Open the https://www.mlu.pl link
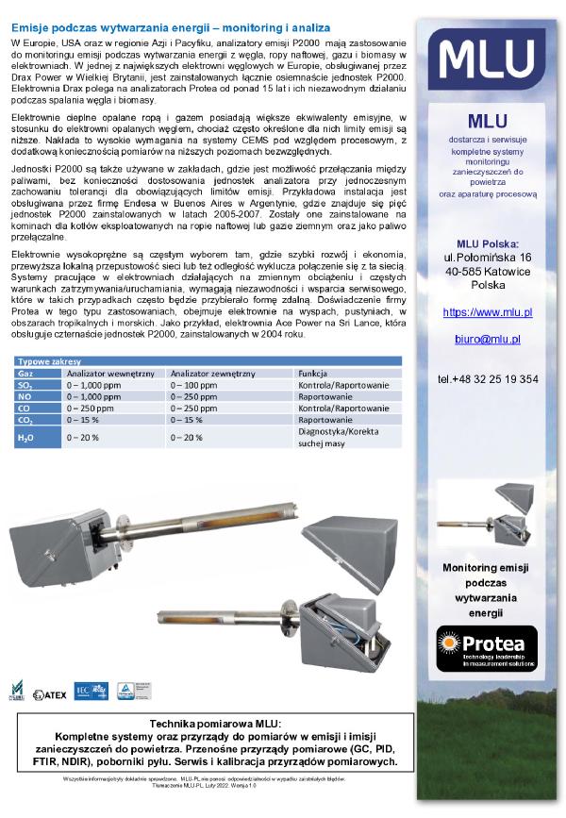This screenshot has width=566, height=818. (x=488, y=310)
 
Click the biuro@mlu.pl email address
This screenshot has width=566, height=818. (x=488, y=338)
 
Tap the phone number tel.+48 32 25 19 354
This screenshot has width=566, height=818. (x=488, y=378)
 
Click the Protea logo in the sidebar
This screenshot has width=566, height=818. (x=488, y=649)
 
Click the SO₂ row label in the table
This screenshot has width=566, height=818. (x=25, y=385)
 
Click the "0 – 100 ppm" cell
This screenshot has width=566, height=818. (x=194, y=385)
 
